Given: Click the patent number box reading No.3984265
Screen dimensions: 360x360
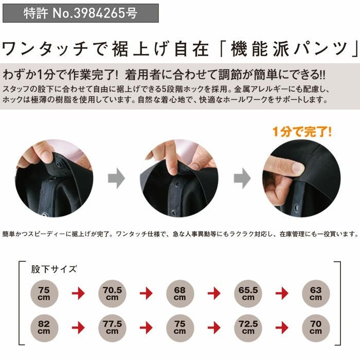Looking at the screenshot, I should tap(81, 13).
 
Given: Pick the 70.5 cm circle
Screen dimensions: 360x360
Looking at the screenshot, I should tap(112, 294).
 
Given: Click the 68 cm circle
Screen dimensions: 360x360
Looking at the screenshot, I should tap(179, 294).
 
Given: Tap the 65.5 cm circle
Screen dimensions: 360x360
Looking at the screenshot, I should tap(248, 294).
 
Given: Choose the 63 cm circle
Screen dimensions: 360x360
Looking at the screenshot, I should tap(315, 294).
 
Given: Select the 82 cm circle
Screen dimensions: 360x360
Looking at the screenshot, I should tap(44, 327).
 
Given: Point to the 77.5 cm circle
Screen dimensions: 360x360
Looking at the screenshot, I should tap(112, 327).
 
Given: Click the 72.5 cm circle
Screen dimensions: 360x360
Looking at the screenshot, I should tap(248, 327).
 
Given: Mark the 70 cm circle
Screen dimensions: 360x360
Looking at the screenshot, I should tap(315, 327).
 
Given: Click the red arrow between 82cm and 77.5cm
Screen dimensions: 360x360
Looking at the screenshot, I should tap(78, 327).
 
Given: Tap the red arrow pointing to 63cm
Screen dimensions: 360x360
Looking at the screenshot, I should tap(282, 294).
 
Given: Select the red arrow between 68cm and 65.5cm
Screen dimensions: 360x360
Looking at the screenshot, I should tap(214, 294).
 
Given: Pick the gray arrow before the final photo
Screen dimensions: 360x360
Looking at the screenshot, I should tap(241, 178).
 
